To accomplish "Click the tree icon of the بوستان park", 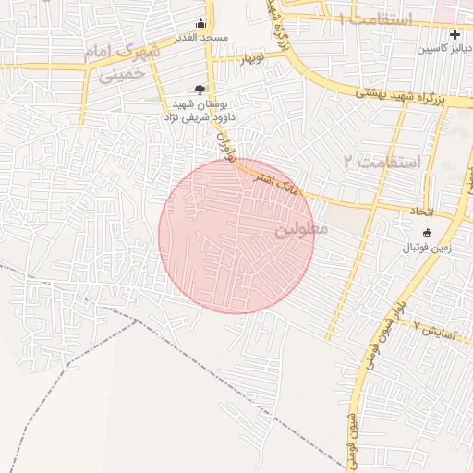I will [200, 90].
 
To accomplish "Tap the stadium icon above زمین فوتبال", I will [426, 234].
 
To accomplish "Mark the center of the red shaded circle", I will [236, 236].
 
